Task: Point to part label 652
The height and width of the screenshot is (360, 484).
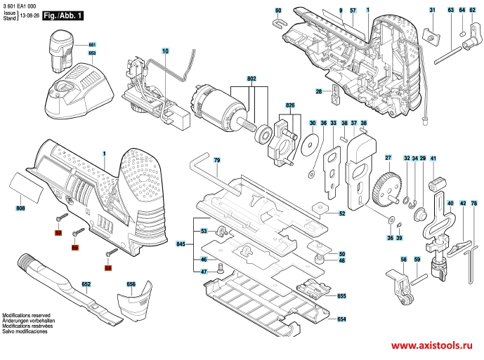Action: pyautogui.click(x=86, y=284)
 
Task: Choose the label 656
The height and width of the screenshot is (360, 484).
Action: pyautogui.click(x=131, y=284)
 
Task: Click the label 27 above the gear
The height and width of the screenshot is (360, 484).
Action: pyautogui.click(x=387, y=156)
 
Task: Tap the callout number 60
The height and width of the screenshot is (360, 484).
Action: pyautogui.click(x=278, y=11)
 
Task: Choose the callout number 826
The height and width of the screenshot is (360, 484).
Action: pyautogui.click(x=289, y=105)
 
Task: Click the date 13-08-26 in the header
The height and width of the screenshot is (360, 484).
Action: pyautogui.click(x=29, y=15)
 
